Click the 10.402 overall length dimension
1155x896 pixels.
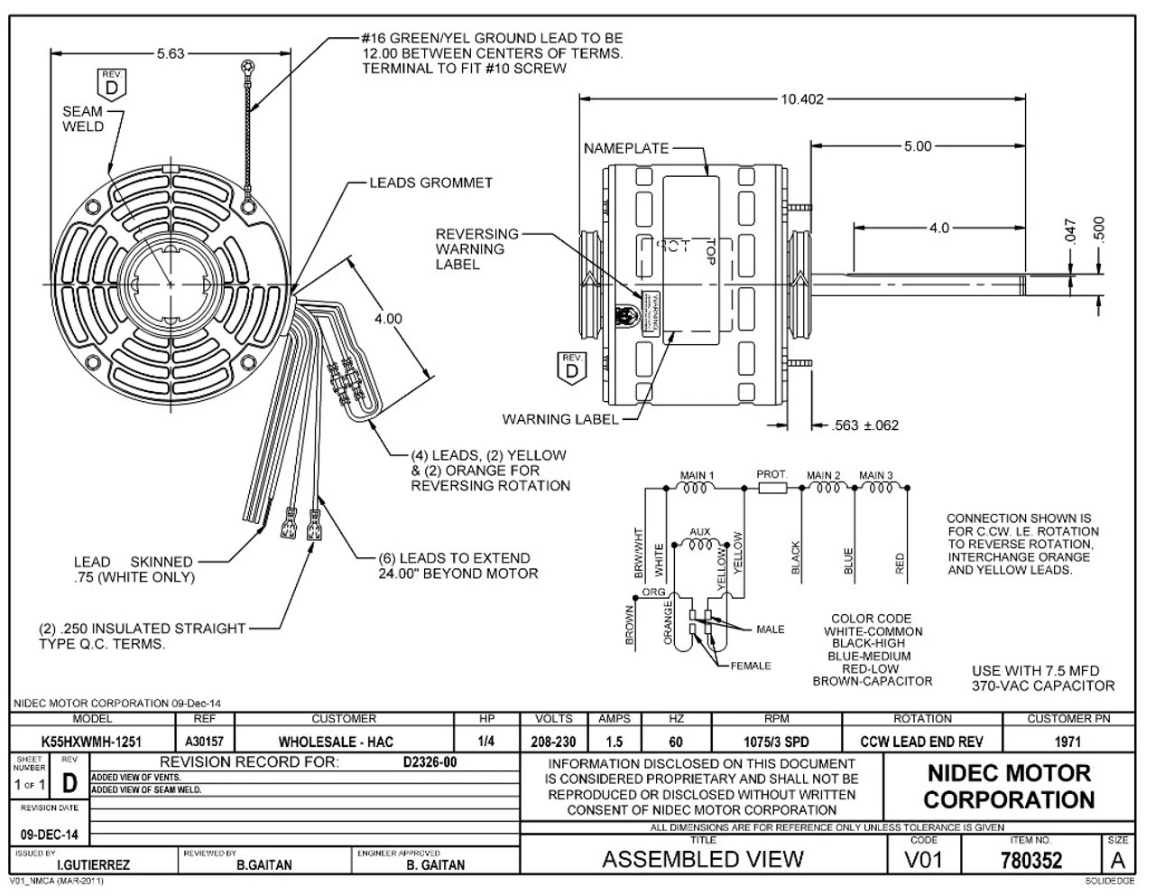(x=801, y=99)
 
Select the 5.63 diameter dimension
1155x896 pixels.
(x=170, y=53)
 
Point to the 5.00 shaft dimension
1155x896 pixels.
(x=917, y=146)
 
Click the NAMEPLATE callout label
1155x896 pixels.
(x=625, y=147)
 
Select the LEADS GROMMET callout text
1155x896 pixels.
(x=430, y=182)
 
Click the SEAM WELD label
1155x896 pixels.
(x=82, y=119)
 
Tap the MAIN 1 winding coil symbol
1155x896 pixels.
(x=698, y=489)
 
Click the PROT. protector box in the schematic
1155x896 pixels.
(x=772, y=489)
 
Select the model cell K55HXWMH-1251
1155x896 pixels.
(x=91, y=742)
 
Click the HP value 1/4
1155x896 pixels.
(x=486, y=742)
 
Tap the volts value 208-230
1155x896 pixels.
(x=553, y=742)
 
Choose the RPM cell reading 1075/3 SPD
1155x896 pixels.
(x=776, y=742)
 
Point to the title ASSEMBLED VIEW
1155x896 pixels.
(x=702, y=859)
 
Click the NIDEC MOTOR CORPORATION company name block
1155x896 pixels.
(x=1008, y=787)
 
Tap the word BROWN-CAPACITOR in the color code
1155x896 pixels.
(x=872, y=681)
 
